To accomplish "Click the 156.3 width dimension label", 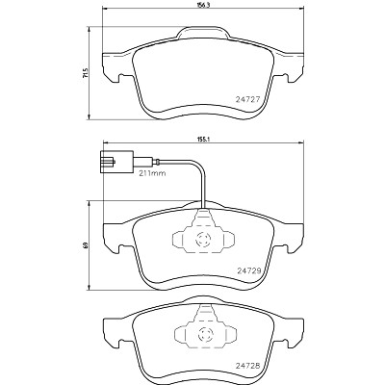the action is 202,6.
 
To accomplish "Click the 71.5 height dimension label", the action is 85,73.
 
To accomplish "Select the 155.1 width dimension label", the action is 202,140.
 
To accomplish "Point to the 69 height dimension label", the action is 85,245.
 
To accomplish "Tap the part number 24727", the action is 247,99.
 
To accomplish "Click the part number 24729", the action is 249,270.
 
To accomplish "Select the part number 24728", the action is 247,366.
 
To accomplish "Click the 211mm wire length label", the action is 152,173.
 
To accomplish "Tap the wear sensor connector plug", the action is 116,162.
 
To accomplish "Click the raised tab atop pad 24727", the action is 202,32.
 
